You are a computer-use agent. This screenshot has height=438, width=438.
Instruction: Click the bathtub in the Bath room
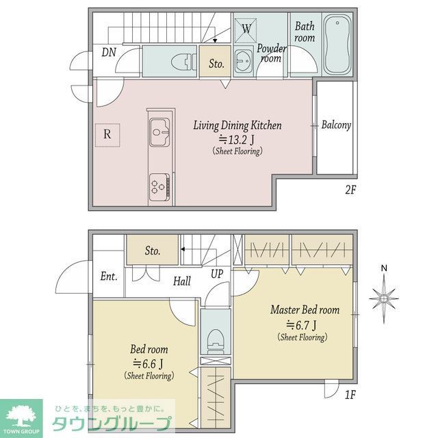[x=337, y=44]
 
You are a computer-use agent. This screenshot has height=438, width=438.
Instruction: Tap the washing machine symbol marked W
[x=246, y=29]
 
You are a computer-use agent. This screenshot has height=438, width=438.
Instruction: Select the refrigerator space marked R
[x=107, y=136]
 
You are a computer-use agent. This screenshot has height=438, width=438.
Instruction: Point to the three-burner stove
[x=159, y=187]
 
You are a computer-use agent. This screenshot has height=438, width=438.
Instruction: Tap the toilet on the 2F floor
[x=182, y=62]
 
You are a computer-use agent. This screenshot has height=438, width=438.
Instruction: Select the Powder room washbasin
[x=244, y=61]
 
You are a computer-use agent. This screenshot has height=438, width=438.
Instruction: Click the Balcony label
[x=336, y=125]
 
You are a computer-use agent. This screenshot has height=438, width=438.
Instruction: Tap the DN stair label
[x=109, y=52]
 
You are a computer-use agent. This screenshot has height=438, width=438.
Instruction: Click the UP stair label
[x=217, y=274]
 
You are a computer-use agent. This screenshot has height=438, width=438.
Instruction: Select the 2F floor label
[x=350, y=190]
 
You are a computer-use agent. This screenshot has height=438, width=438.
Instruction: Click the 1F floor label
[x=350, y=395]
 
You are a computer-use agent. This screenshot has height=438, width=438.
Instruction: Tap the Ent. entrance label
[x=109, y=276]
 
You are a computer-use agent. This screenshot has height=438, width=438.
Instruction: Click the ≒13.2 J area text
[x=237, y=139]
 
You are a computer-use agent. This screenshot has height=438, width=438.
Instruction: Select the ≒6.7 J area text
[x=301, y=325]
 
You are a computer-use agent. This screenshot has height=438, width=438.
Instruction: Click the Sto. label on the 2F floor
[x=216, y=64]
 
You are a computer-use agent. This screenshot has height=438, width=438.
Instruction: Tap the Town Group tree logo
[x=21, y=415]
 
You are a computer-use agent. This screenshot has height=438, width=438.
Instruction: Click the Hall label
[x=182, y=281]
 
